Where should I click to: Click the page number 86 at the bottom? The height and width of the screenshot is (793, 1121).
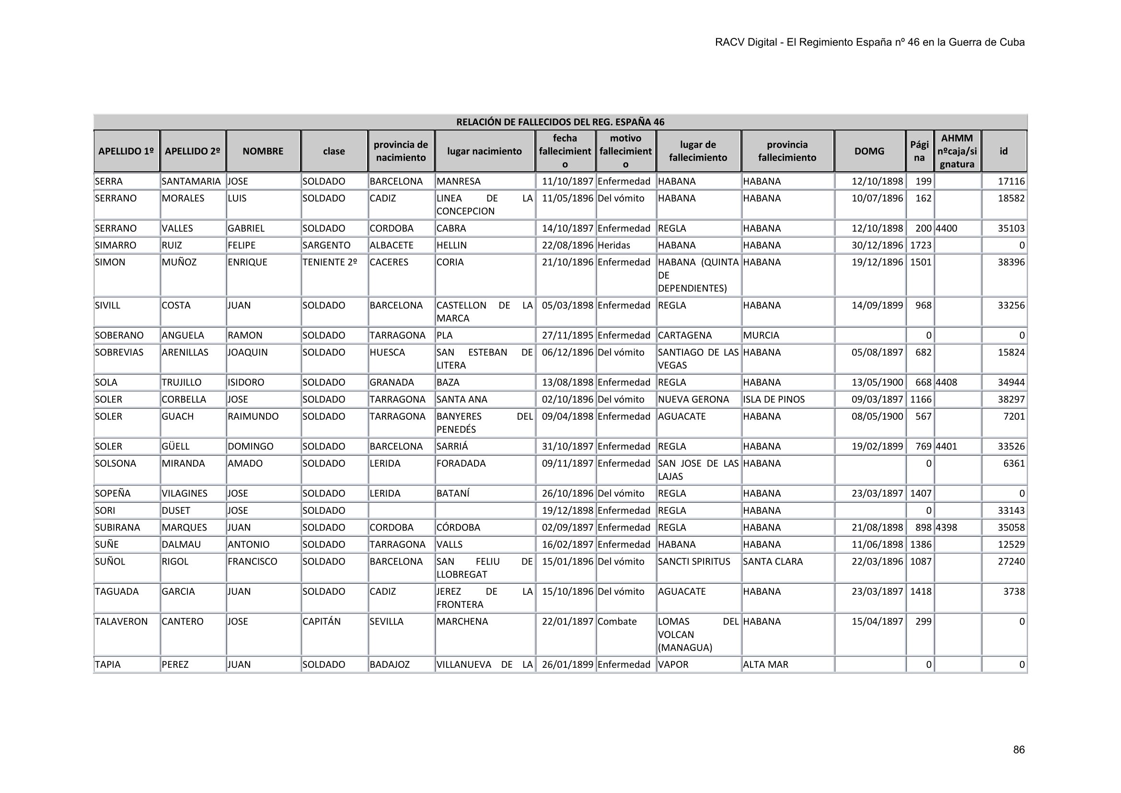1018,749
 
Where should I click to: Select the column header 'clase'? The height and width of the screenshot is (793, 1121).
334,151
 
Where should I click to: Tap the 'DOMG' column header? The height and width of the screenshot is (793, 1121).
869,151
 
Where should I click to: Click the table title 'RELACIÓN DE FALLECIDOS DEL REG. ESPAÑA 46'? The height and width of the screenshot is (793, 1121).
560,122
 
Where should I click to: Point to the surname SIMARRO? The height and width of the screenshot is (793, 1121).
116,245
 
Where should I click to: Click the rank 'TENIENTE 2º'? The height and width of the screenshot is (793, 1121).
330,262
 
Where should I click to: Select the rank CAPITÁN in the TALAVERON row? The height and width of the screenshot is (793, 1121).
321,622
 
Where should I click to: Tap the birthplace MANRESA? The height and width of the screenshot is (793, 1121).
459,181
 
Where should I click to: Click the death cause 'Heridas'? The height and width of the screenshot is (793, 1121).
614,245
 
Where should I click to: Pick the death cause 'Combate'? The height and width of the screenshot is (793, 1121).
617,622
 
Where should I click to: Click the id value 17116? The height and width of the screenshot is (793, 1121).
1011,181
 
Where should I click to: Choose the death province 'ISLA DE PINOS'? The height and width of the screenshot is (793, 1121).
774,399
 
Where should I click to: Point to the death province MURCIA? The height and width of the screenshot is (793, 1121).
761,335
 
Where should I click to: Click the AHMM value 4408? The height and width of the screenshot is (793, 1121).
946,382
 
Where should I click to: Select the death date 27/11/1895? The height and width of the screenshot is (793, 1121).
567,335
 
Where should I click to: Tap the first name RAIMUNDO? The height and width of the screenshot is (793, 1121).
253,416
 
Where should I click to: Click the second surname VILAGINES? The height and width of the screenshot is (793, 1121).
185,494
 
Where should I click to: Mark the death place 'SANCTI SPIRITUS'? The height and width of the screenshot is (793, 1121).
694,561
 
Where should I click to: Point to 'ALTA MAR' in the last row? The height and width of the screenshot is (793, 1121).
765,664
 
